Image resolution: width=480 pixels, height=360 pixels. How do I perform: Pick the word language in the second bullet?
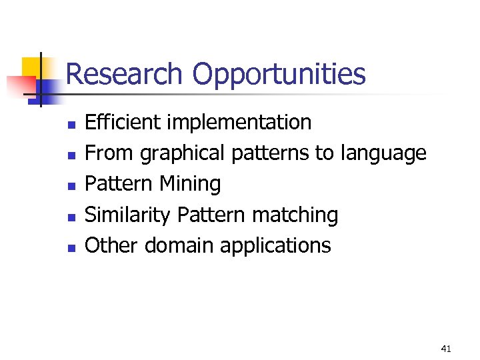(383, 154)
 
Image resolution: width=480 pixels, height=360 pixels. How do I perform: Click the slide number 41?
(446, 348)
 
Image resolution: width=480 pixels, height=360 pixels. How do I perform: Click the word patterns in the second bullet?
(270, 154)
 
